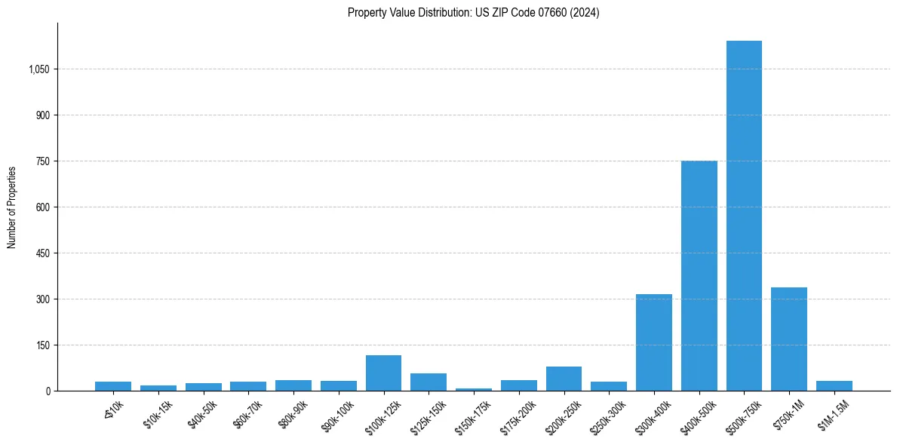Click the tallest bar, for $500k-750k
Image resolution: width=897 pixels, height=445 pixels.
pos(744,216)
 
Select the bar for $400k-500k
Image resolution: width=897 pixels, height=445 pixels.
pos(699,276)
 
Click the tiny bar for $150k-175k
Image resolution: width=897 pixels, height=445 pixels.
pos(473,389)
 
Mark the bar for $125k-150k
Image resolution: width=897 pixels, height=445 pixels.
pos(428,382)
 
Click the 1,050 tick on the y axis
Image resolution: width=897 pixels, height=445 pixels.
pos(38,69)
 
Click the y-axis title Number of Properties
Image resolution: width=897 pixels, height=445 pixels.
pos(12,207)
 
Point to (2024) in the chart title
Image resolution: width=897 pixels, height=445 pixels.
pos(585,13)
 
